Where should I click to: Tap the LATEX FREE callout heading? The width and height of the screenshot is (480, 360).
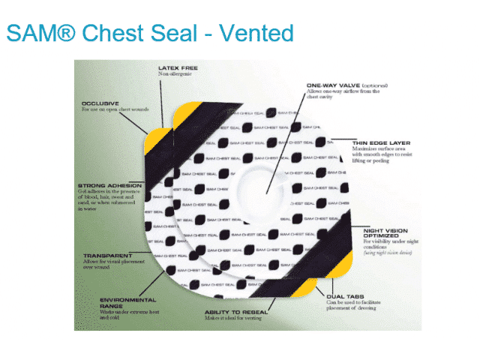pos(178,68)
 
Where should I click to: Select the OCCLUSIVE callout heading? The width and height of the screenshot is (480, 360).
pos(100,103)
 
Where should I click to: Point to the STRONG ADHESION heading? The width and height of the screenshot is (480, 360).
pos(110,184)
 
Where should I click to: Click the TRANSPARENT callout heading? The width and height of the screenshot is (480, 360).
pos(103,255)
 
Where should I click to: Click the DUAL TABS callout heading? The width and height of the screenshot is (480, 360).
pos(346,296)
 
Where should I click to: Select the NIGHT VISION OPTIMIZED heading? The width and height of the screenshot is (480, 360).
pos(385,232)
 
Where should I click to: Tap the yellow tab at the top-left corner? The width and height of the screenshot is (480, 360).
pos(158,138)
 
